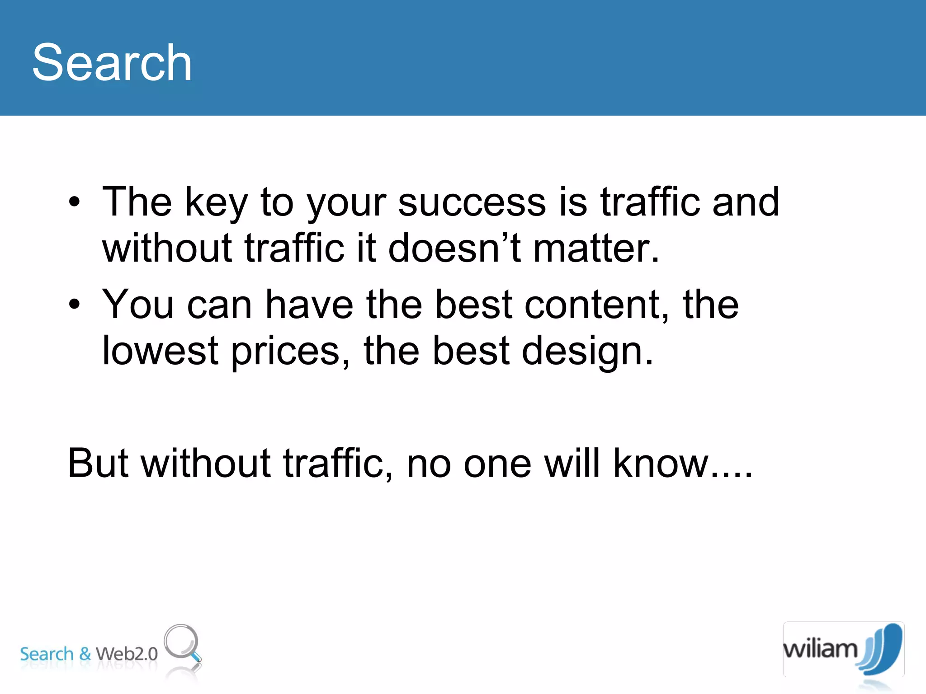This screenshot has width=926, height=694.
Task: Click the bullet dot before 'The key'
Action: coord(75,202)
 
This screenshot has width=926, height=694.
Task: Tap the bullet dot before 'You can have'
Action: coord(75,305)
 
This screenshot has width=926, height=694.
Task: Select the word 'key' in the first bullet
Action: coord(216,203)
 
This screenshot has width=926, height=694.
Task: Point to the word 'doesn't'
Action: coord(454,248)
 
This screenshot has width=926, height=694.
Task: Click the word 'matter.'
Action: coord(596,248)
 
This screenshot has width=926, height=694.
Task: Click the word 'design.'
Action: coord(587,352)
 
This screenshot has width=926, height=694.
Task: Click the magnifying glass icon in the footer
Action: coord(182,643)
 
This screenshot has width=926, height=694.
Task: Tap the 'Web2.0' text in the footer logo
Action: coord(127,654)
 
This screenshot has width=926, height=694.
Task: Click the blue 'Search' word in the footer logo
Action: coord(47,654)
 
